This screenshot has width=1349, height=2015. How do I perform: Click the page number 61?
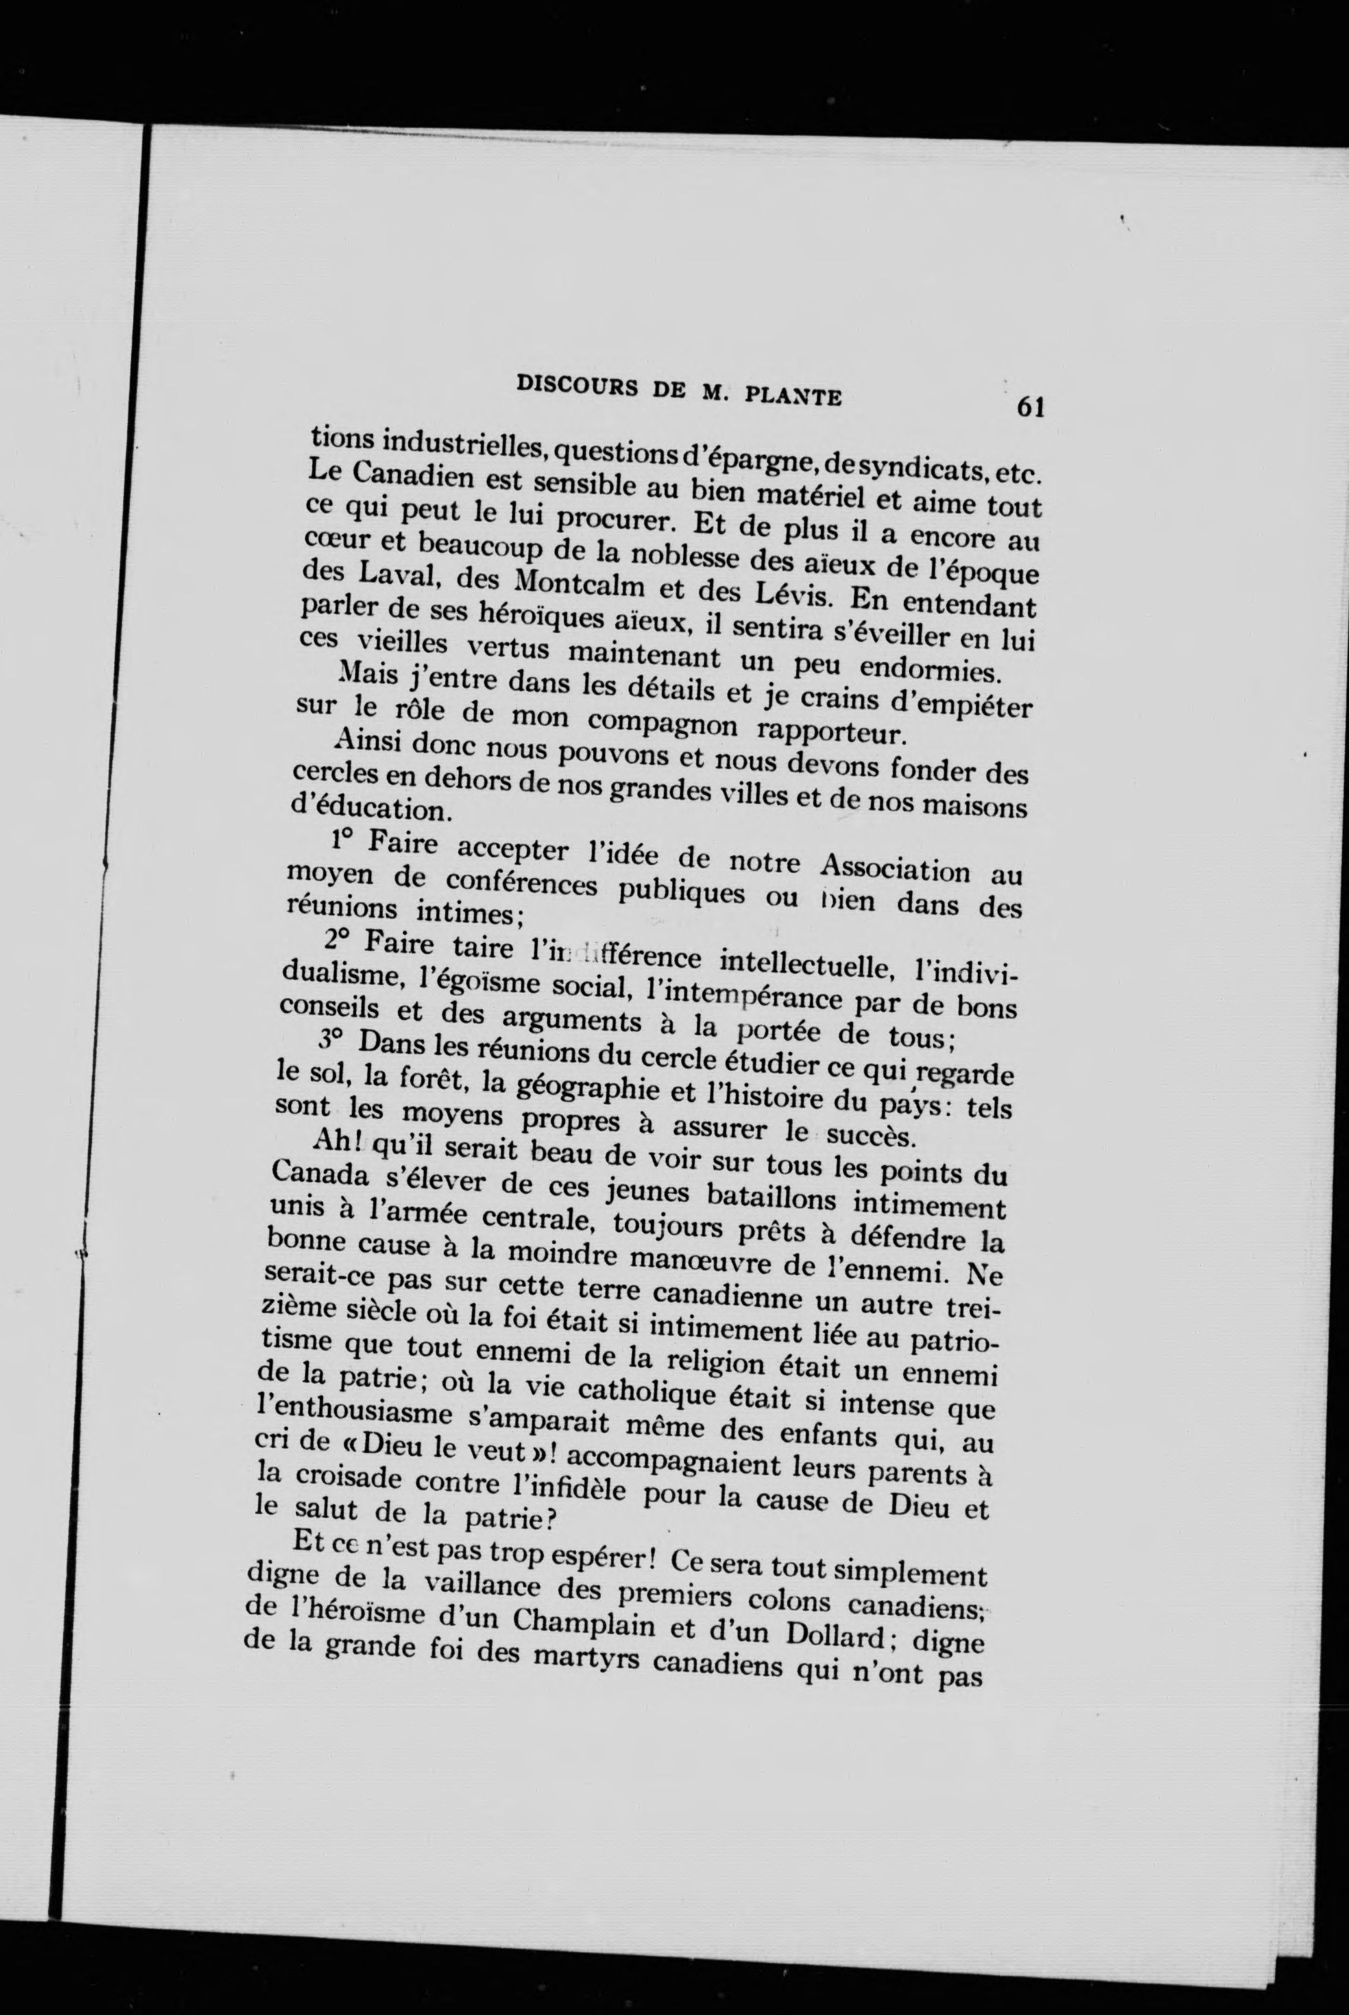pyautogui.click(x=1029, y=405)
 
